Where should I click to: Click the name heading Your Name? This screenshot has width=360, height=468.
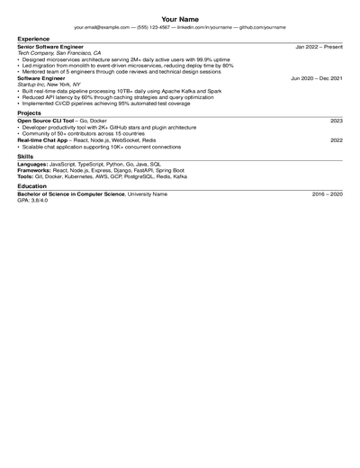180,18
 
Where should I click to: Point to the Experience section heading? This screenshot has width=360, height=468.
33,39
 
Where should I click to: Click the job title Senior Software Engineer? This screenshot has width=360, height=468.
50,46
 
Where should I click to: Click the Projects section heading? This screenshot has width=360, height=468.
30,112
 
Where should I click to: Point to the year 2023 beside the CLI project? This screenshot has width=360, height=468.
336,121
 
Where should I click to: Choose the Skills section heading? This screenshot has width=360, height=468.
26,157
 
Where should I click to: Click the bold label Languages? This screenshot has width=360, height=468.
33,164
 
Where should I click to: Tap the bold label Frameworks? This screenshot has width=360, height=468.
35,170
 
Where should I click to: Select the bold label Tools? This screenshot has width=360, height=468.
25,176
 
